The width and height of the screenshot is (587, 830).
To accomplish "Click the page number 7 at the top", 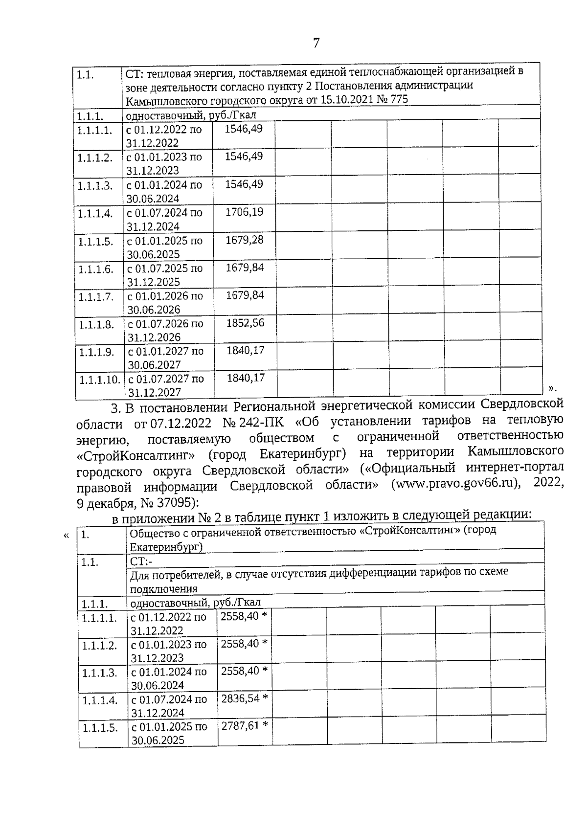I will pos(316,43).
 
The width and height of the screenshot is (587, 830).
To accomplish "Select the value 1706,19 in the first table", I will pos(244,212).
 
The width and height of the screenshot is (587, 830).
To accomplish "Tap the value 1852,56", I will pos(245,323).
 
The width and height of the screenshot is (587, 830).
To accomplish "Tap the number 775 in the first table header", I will pos(397,100).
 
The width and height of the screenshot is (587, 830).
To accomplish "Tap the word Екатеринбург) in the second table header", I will pos(166,547).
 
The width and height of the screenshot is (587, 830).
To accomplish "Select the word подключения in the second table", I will pos(164,588).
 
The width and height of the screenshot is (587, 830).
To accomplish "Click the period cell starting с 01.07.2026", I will pos(165,330).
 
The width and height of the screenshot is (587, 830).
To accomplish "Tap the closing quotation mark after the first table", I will pos(552,388).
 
